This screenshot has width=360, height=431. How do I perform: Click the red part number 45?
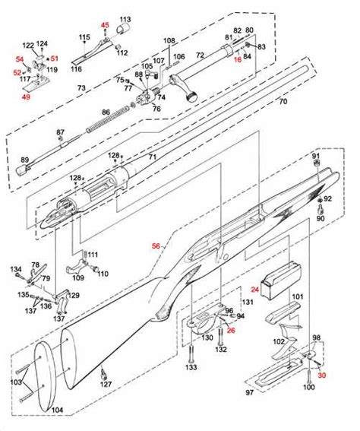(x=106, y=26)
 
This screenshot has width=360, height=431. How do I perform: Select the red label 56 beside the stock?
(x=156, y=246)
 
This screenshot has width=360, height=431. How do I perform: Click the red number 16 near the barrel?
(x=237, y=59)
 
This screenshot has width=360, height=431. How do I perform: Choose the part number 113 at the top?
(x=125, y=18)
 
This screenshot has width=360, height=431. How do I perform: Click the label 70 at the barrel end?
(x=283, y=101)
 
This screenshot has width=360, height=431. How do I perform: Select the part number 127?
(x=106, y=384)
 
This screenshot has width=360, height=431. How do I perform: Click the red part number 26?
(x=231, y=331)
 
